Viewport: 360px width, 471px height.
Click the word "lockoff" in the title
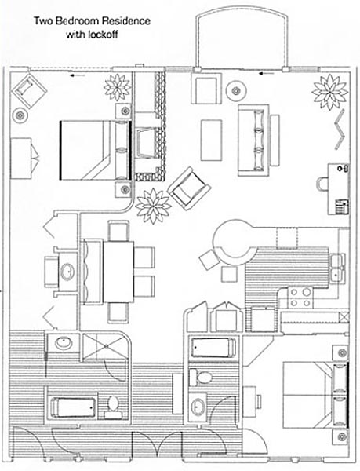point(104,35)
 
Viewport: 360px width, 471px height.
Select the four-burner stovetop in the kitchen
point(300,298)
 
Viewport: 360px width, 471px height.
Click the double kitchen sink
point(338,268)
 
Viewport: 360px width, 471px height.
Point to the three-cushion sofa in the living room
point(253,140)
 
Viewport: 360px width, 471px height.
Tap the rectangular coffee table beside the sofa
point(212,141)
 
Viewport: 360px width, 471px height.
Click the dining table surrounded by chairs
point(118,272)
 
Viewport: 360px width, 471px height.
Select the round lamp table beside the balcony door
point(236,91)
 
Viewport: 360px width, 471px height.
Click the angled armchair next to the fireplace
point(189,188)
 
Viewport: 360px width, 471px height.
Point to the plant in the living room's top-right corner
point(329,92)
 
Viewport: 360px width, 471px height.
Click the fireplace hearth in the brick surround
point(146,143)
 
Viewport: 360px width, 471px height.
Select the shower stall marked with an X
point(105,346)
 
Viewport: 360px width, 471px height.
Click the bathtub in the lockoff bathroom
point(213,348)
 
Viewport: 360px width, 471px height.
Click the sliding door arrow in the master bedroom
point(75,75)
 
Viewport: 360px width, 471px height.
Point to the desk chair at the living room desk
point(322,184)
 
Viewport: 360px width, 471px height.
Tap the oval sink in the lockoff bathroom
point(198,407)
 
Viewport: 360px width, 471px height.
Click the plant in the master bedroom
point(118,87)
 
